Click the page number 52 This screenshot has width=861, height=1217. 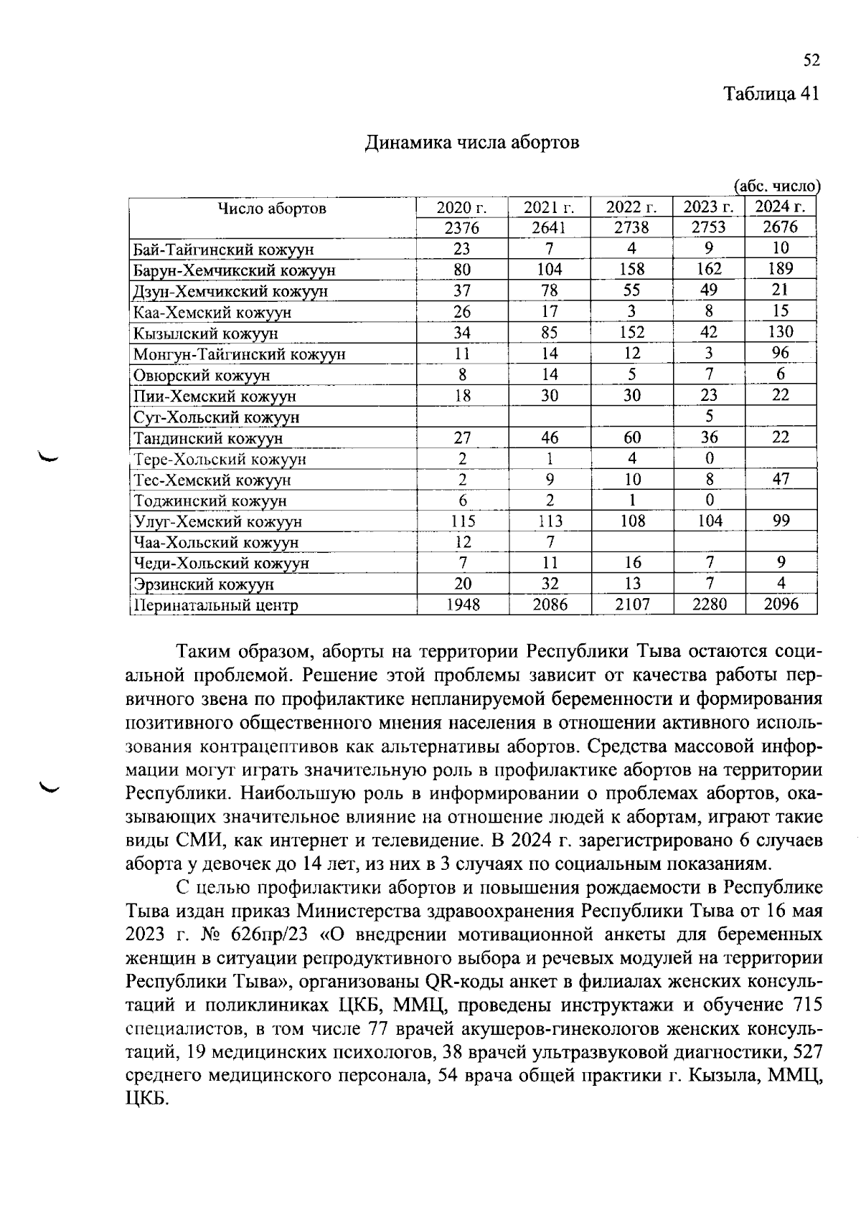click(811, 61)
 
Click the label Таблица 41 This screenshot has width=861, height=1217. click(771, 94)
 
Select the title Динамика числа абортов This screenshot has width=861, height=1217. click(472, 143)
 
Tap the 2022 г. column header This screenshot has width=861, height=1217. click(631, 208)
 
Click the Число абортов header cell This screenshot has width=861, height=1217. click(272, 209)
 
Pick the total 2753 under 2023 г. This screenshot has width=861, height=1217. click(708, 228)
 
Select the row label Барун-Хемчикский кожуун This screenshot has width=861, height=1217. click(235, 270)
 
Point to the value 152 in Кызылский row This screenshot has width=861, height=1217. click(631, 333)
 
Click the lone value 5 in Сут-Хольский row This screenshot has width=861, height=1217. click(709, 416)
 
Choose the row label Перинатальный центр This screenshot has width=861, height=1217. click(216, 605)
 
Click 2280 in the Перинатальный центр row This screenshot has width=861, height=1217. click(709, 605)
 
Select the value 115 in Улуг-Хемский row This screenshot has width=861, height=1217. click(462, 521)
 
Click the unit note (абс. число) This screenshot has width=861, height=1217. click(777, 186)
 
